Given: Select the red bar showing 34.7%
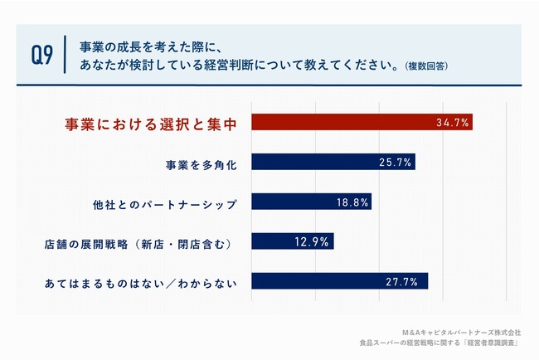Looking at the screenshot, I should coord(362,122).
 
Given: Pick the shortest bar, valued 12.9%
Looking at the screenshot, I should coord(292,241).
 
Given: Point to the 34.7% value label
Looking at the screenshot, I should coord(453,123).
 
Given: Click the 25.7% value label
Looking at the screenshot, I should coord(395,163).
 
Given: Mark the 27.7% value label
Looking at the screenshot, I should coord(408,282).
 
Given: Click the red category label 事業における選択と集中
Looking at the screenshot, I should coord(152,124).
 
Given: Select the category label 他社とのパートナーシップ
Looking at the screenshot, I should coord(166,202).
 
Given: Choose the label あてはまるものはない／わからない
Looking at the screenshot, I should coord(141,284).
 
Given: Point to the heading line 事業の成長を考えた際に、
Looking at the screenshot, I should coord(148,46).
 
